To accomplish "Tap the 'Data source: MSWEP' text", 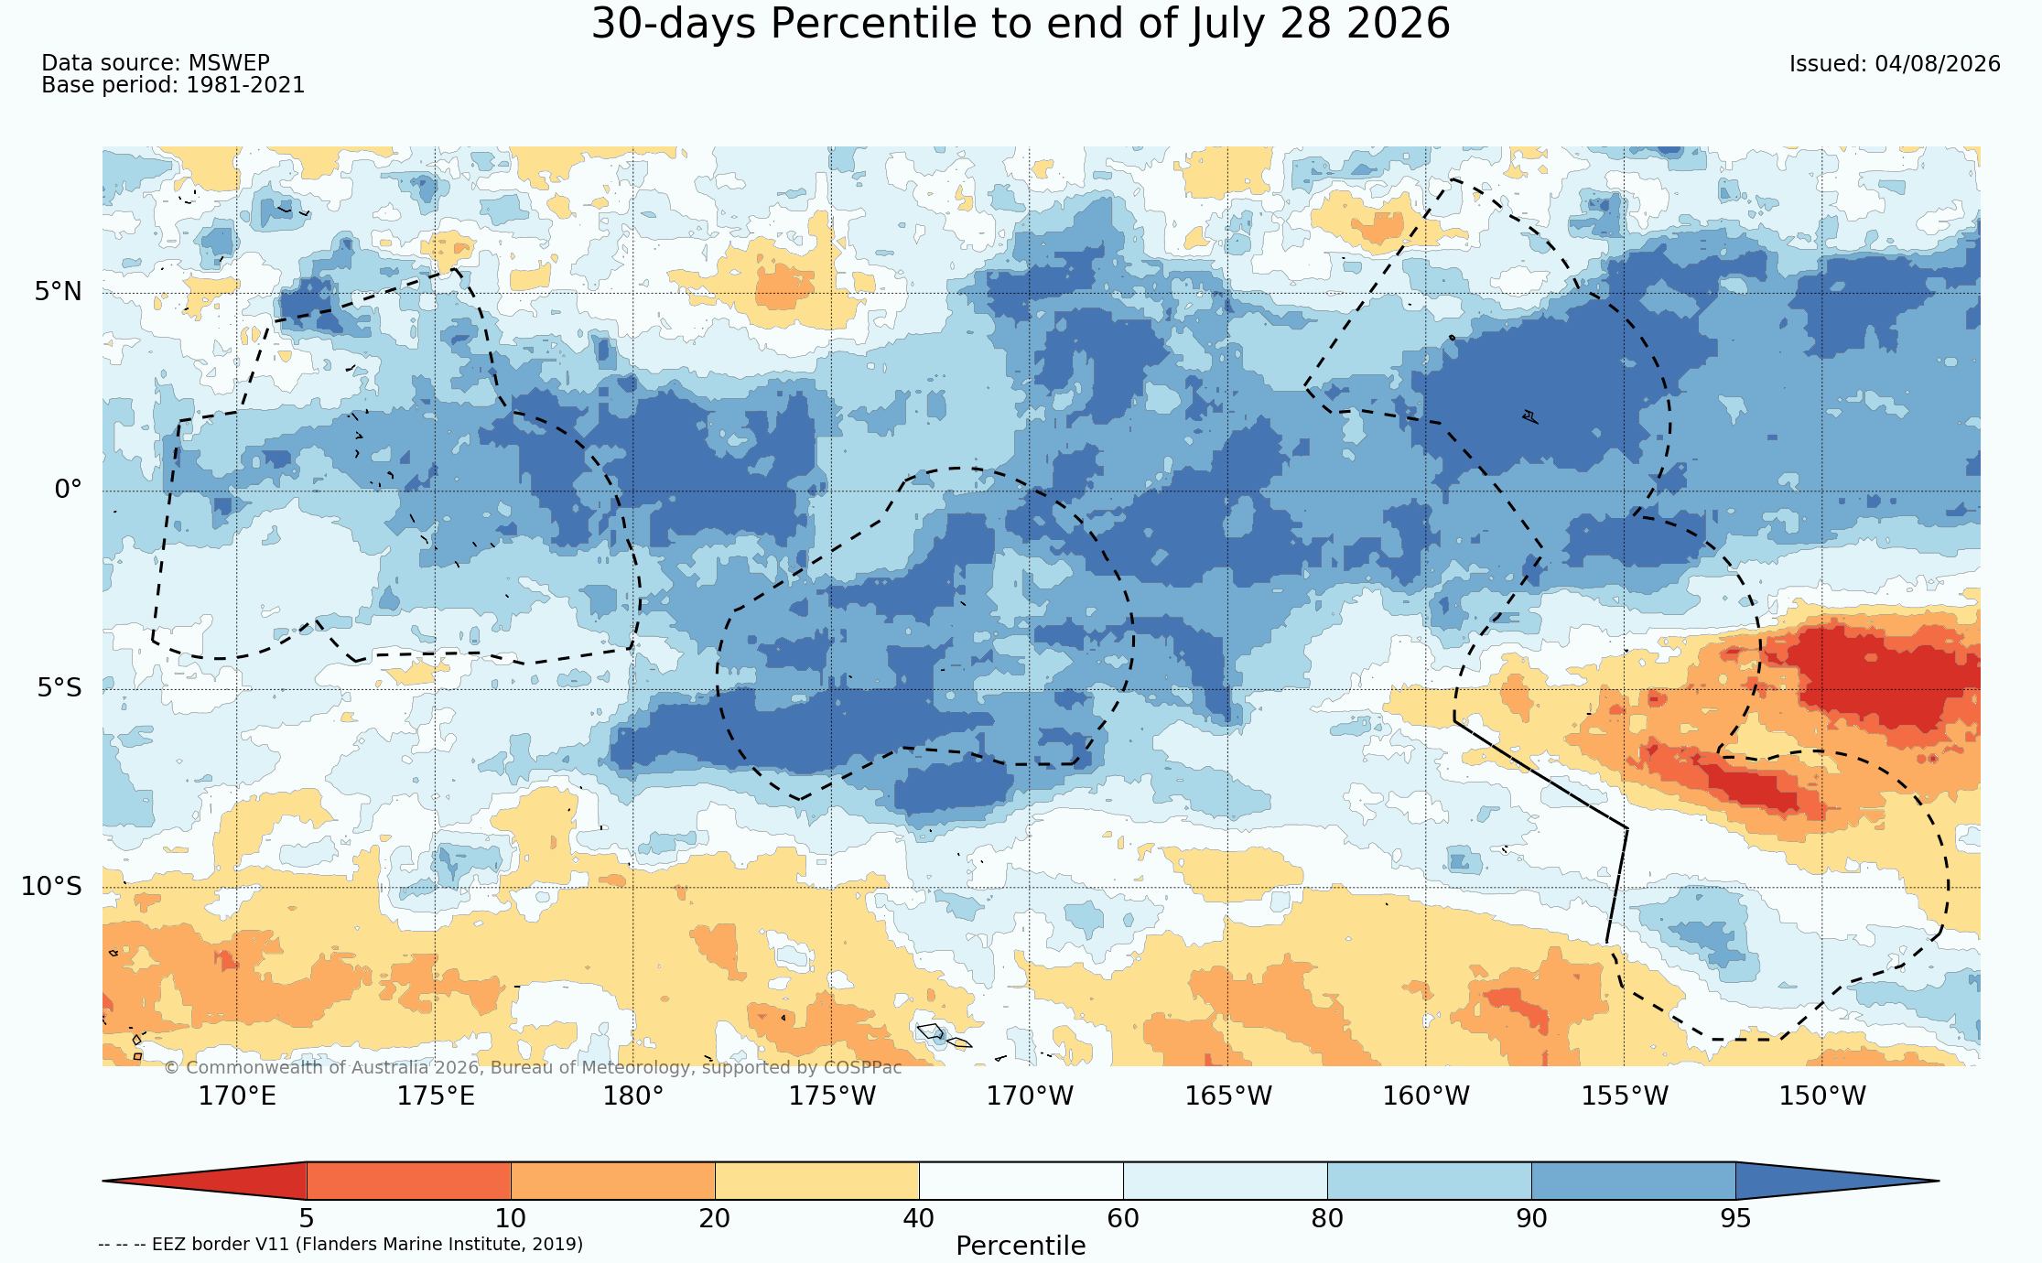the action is click(x=156, y=63).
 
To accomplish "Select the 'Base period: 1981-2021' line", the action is click(x=173, y=85).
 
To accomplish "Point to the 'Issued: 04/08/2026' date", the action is click(x=1895, y=64).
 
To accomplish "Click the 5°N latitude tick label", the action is click(x=59, y=292).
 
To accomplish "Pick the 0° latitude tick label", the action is click(x=68, y=490).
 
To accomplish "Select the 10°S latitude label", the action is click(x=51, y=886).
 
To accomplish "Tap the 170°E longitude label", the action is click(x=237, y=1096).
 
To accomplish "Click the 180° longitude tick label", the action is click(x=633, y=1096).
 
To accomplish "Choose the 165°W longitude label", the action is click(x=1228, y=1096).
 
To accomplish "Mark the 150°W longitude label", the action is click(x=1822, y=1096).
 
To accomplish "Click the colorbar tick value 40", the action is click(x=919, y=1219).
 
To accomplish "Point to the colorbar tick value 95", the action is click(x=1735, y=1219).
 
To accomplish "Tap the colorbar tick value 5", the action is click(x=307, y=1219).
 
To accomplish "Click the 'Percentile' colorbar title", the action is click(x=1021, y=1247).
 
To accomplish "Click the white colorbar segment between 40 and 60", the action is click(x=1021, y=1181).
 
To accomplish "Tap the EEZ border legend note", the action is click(x=340, y=1245).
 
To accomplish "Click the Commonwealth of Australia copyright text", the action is click(x=533, y=1068).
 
